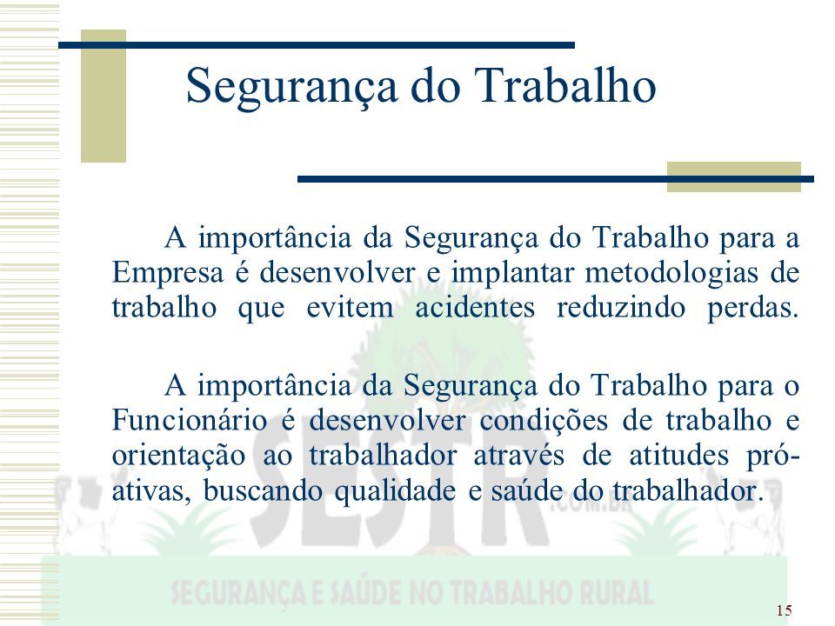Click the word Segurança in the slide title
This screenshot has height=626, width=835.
coord(292,87)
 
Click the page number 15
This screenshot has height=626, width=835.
coord(784,610)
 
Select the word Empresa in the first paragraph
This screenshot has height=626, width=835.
coord(168,274)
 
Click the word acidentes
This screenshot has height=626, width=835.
coord(475,308)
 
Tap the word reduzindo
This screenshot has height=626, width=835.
coord(621,308)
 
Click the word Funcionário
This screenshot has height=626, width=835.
coord(190,421)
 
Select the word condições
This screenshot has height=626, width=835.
coord(544,422)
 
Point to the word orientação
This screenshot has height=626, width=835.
coord(178,456)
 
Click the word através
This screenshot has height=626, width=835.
coord(518,456)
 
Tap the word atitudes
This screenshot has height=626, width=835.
coord(679,456)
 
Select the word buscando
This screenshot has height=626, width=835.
coord(263,490)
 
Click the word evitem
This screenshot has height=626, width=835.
coord(351,308)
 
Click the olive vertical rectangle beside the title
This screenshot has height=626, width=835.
coord(104,96)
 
